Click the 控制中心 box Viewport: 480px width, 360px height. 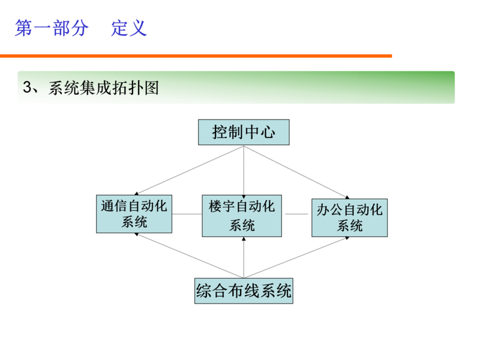(244, 132)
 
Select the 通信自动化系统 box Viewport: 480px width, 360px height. (134, 214)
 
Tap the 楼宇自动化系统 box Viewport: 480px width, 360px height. (242, 215)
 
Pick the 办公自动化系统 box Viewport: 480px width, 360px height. (349, 217)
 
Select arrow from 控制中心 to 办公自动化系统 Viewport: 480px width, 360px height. (297, 171)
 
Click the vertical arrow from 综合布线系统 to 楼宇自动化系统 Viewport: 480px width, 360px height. (244, 258)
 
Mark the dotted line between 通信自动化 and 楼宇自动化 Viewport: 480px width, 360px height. (187, 214)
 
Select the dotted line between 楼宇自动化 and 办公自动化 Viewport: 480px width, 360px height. (296, 214)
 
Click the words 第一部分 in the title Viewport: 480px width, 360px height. (52, 28)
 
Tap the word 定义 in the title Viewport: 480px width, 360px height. (128, 28)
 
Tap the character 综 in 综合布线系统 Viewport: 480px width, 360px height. (204, 292)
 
